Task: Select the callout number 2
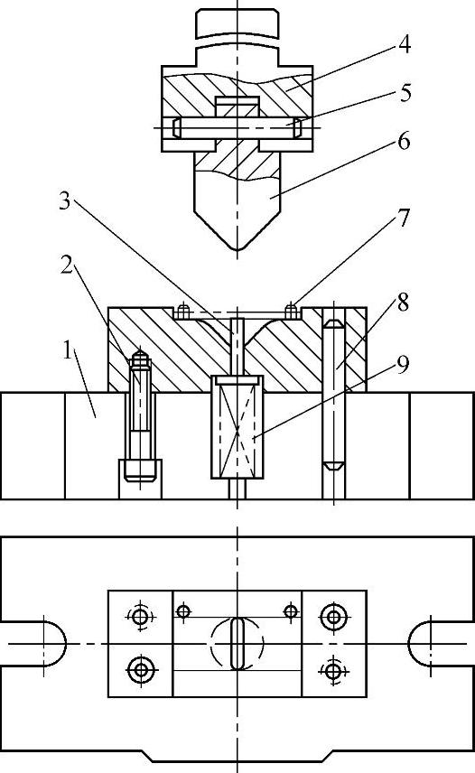(68, 266)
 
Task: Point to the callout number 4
(404, 44)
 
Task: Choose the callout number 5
(405, 93)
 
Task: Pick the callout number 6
(404, 142)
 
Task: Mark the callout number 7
(404, 218)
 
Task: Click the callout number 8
(403, 303)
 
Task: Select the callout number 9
(403, 365)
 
